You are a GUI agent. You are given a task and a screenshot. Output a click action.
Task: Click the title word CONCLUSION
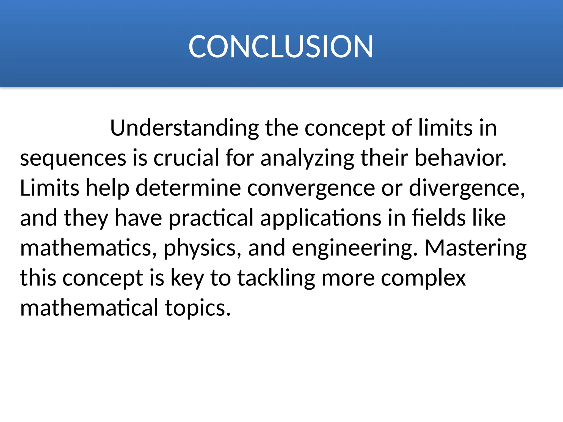281,47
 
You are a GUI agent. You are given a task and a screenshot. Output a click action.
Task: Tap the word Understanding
184,128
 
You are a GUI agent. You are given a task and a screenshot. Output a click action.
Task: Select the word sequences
73,159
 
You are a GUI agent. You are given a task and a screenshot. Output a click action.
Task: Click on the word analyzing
307,159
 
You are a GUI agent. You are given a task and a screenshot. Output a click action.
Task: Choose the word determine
188,188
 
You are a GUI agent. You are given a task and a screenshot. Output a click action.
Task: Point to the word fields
439,218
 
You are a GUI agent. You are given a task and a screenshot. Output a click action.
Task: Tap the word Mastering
476,248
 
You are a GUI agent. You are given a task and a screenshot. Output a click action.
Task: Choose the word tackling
276,278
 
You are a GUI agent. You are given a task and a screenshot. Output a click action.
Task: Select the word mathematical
89,308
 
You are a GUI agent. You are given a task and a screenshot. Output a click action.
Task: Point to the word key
187,278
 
